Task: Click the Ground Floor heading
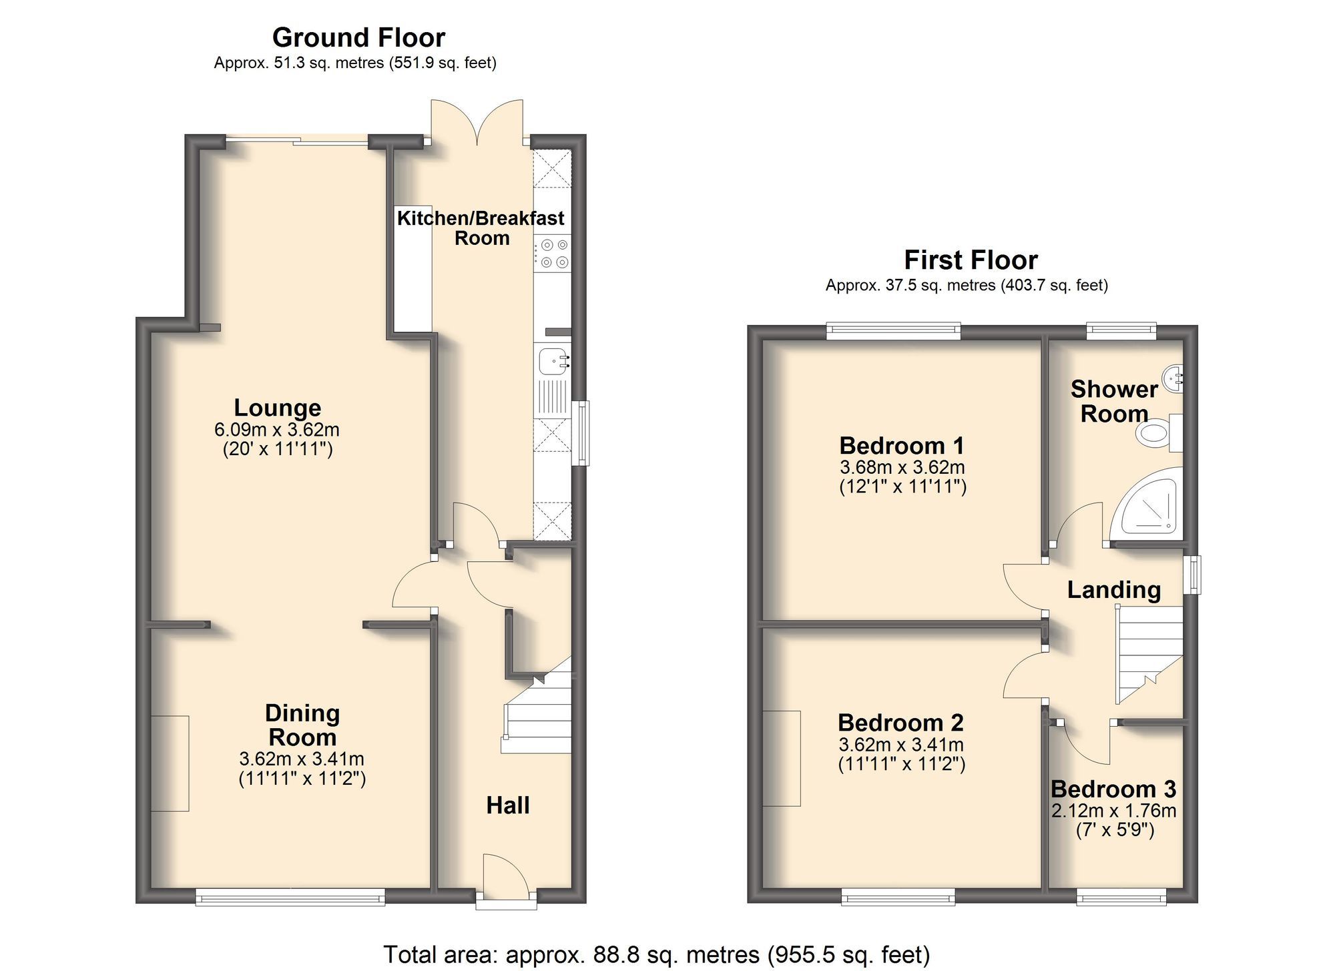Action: tap(358, 38)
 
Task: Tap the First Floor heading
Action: tap(971, 260)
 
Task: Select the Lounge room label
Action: tap(277, 408)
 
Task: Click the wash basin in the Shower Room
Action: tap(1173, 378)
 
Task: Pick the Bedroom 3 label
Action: tap(1113, 789)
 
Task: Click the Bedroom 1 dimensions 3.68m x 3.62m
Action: tap(902, 468)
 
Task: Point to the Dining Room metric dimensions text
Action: tap(302, 759)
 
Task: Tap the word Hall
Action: tap(507, 805)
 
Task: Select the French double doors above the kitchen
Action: tap(477, 123)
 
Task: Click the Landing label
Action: tap(1113, 590)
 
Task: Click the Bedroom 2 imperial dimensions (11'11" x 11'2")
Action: tap(901, 764)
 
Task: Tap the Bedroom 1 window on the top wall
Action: tap(893, 330)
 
